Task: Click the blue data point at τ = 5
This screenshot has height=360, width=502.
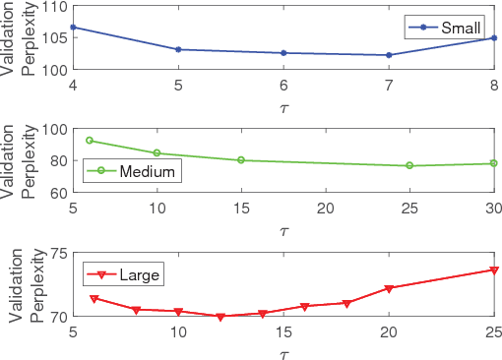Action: click(178, 49)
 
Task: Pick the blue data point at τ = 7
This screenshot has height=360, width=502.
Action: click(389, 55)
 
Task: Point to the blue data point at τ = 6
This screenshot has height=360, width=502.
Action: click(283, 53)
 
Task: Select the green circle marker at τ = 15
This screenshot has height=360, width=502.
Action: click(241, 160)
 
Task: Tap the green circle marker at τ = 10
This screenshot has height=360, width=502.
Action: click(157, 153)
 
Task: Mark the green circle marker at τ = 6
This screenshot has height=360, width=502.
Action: click(90, 141)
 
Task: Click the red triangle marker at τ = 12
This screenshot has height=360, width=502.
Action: click(220, 317)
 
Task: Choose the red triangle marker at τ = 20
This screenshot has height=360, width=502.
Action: click(389, 288)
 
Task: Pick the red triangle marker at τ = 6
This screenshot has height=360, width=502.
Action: click(94, 299)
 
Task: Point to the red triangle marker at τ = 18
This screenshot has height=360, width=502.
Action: click(346, 303)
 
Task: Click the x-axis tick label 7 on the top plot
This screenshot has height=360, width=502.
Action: click(389, 86)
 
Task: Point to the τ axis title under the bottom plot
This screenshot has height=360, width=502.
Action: click(283, 351)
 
